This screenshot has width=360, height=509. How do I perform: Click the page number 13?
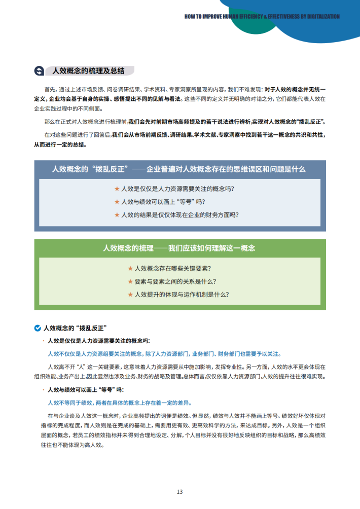click(x=179, y=491)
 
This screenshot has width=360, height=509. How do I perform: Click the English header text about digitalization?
click(x=262, y=16)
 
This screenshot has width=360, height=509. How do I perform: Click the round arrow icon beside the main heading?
click(x=38, y=70)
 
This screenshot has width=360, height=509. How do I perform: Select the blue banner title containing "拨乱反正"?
click(x=179, y=169)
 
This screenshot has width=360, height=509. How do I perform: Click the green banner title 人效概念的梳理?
click(x=179, y=248)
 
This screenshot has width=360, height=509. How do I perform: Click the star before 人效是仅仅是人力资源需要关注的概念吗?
click(x=117, y=189)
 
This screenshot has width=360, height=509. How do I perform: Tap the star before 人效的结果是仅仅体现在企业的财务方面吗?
click(x=117, y=214)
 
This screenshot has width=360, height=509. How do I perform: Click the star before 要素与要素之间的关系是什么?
click(x=130, y=281)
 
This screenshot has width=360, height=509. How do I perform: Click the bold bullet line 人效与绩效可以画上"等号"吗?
click(x=85, y=390)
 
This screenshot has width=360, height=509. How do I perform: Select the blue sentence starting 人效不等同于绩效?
click(x=119, y=403)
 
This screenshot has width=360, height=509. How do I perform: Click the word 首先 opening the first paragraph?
click(x=50, y=88)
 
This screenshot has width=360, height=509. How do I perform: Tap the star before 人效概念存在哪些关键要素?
click(x=130, y=268)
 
